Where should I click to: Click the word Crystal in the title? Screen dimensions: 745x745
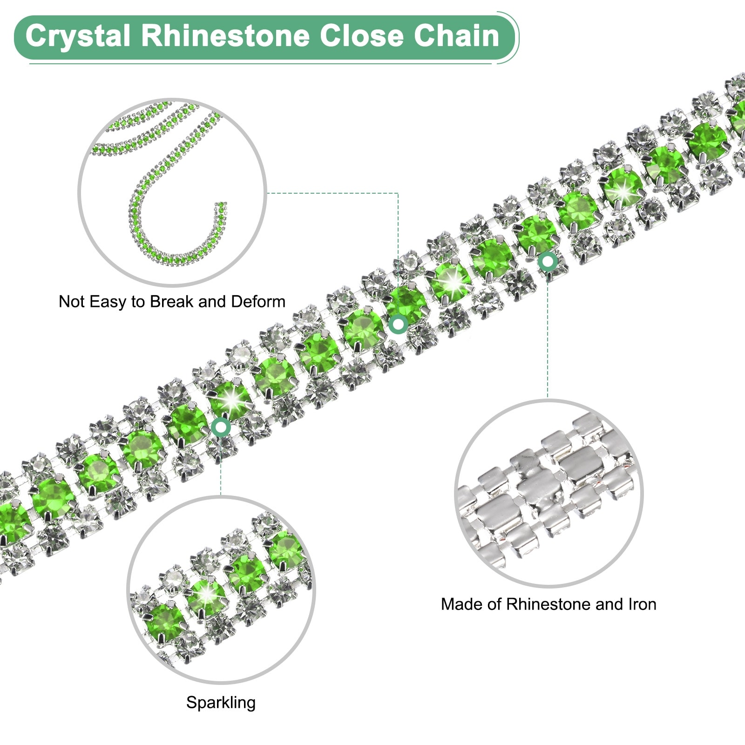click(x=77, y=36)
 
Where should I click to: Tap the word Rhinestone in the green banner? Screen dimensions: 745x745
click(x=225, y=36)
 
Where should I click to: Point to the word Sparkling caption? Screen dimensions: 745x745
click(x=221, y=702)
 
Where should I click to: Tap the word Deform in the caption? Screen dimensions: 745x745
click(x=258, y=302)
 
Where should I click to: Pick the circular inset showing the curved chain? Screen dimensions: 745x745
click(x=172, y=192)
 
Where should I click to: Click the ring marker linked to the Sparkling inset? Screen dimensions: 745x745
click(x=221, y=427)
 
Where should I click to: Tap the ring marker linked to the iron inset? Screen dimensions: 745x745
click(x=548, y=261)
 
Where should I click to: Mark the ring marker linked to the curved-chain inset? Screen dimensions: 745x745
click(x=398, y=324)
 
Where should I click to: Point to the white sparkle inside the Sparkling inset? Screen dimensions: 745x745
click(x=207, y=595)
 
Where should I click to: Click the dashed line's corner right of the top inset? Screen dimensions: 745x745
click(x=398, y=193)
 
